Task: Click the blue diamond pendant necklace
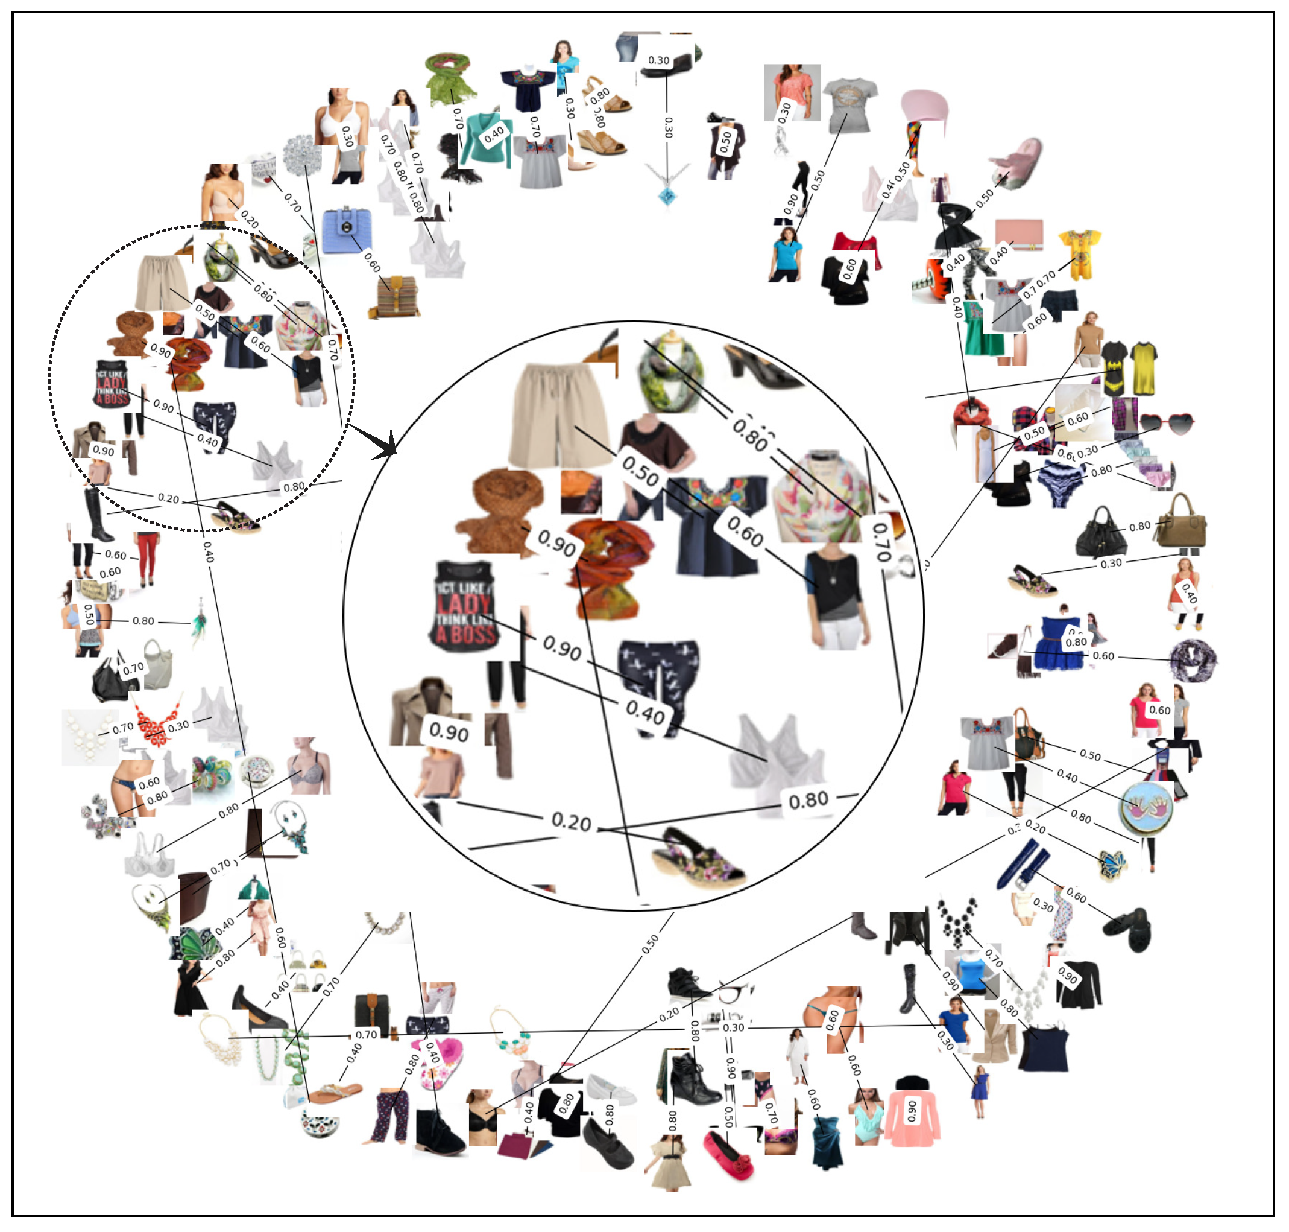[667, 194]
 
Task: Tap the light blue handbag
[346, 229]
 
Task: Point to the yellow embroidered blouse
[1079, 253]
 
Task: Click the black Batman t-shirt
[1114, 368]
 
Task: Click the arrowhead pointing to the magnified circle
[387, 447]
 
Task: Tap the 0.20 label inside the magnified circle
[571, 822]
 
